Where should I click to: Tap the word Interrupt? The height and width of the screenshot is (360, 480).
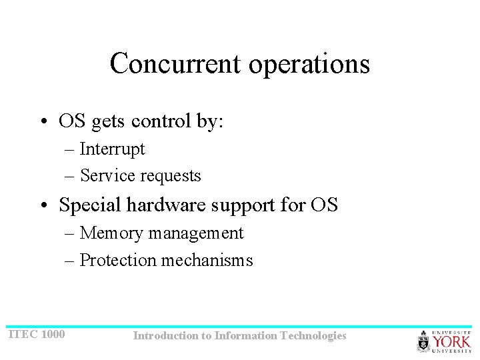[112, 149]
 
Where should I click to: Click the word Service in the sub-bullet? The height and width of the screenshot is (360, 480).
[103, 175]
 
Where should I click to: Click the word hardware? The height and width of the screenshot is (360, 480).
[166, 205]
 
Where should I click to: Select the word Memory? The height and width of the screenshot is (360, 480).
[111, 233]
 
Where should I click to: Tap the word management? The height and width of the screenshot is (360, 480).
[196, 233]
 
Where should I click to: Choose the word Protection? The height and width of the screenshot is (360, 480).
[118, 260]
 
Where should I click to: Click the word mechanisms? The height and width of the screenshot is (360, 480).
[207, 260]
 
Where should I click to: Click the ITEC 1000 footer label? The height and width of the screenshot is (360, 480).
[36, 333]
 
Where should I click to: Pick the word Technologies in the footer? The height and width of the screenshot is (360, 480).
[313, 336]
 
